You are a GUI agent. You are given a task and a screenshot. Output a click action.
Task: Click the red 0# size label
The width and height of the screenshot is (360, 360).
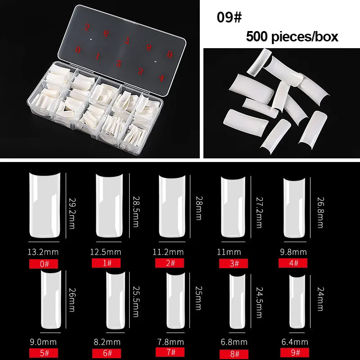coord(44,263)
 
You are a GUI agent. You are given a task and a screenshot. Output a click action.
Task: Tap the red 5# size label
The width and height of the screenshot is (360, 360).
coord(44,353)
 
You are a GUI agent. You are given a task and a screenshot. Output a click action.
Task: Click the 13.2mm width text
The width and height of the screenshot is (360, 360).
coord(44,252)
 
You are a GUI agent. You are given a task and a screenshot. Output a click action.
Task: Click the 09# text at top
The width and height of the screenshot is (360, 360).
coord(229,17)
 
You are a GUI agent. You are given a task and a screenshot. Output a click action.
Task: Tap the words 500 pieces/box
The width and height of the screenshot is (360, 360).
coord(292,36)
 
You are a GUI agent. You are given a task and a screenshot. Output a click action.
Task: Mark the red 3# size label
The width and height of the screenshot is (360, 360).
coord(234,263)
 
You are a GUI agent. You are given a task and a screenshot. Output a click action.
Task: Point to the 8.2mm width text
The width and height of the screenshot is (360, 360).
coord(107,342)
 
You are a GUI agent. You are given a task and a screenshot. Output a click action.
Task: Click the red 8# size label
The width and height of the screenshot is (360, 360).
coord(234,353)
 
